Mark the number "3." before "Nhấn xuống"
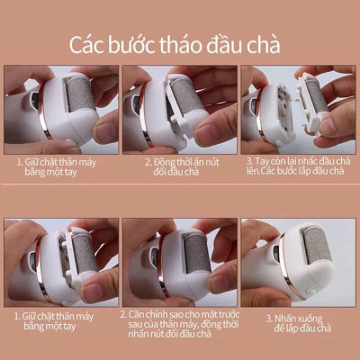click(267, 319)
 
